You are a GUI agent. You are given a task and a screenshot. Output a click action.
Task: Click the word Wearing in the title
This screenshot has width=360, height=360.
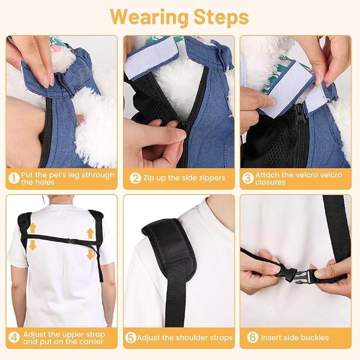[149, 17]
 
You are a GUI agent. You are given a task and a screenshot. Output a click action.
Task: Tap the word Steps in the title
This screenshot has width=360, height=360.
[221, 17]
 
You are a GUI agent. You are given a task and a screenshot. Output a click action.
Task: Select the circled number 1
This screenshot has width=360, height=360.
[14, 178]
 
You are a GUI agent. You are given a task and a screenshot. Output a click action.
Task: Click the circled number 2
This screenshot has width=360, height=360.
[135, 178]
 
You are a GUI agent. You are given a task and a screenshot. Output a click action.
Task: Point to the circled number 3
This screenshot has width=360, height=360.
[248, 178]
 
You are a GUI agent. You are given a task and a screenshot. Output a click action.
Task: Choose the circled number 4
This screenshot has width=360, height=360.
[14, 338]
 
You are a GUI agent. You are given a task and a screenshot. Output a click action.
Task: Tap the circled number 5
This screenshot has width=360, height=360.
[130, 338]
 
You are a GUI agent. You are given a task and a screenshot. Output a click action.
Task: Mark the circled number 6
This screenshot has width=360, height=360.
[252, 337]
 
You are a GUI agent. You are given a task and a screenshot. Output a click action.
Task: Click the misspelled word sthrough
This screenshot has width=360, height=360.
[98, 175]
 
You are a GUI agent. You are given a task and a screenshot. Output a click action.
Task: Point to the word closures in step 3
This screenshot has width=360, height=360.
[270, 182]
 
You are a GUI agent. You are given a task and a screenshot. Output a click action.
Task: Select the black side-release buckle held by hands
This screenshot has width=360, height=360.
[298, 274]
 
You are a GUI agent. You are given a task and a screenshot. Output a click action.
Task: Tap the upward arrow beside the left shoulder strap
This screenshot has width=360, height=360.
[33, 229]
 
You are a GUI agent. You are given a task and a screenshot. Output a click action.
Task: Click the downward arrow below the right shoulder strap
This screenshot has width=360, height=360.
[91, 254]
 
